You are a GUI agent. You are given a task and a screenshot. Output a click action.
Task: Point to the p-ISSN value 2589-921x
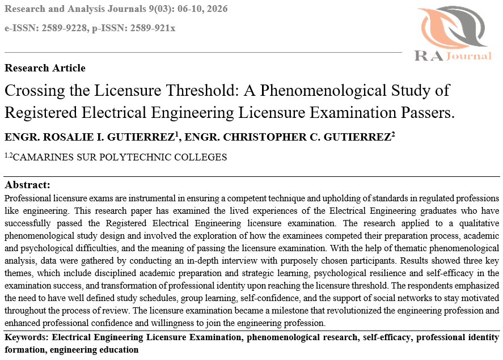pyautogui.click(x=151, y=28)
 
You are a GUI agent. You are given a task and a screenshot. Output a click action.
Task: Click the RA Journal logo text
pyautogui.click(x=453, y=56)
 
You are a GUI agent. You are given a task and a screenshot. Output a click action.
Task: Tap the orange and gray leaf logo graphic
pyautogui.click(x=453, y=27)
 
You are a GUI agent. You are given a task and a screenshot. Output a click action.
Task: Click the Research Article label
pyautogui.click(x=45, y=68)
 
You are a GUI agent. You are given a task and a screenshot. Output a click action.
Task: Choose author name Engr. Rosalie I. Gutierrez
pyautogui.click(x=91, y=137)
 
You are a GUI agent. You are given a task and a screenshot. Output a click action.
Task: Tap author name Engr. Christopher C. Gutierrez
pyautogui.click(x=290, y=137)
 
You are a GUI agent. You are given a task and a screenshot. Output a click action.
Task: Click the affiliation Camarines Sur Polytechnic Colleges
pyautogui.click(x=119, y=158)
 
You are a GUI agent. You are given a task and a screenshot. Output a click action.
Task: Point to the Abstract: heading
pyautogui.click(x=27, y=185)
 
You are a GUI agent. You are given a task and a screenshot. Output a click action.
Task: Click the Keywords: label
pyautogui.click(x=26, y=338)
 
